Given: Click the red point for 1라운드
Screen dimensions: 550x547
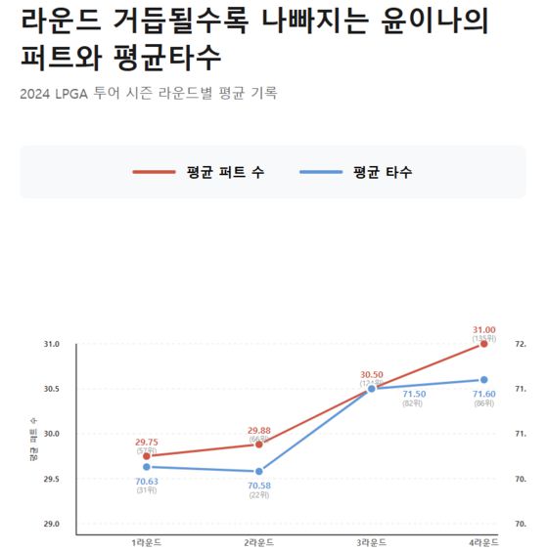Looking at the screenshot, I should coord(147,456).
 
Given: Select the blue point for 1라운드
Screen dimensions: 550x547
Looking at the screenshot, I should coord(147,467).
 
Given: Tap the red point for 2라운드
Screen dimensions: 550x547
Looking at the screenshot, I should coord(259,444).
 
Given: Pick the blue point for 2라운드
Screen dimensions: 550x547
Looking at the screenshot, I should coord(259,472).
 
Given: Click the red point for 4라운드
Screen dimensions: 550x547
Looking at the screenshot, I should coord(484,344).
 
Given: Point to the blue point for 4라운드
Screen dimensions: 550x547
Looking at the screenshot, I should coord(484,380).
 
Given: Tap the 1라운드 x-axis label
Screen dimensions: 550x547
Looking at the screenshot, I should coord(147,542).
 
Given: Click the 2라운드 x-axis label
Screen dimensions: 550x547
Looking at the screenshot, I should coord(259,542).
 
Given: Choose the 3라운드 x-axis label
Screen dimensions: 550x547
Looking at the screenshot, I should coord(372,542).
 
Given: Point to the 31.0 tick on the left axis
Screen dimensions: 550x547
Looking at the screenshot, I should coord(52,344).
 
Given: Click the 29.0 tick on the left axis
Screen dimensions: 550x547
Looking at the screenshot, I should coord(52,525).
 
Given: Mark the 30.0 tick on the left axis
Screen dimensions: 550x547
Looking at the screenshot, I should coord(52,434).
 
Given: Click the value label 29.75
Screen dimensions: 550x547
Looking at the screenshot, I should coord(147,442).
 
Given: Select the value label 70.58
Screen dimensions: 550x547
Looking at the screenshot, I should coord(259,486).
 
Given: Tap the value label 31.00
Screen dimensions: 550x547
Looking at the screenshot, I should coord(484,329).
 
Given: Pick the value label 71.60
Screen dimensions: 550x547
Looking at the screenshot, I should coord(484,394).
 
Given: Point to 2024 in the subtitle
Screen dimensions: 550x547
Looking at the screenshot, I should coord(35,94).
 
